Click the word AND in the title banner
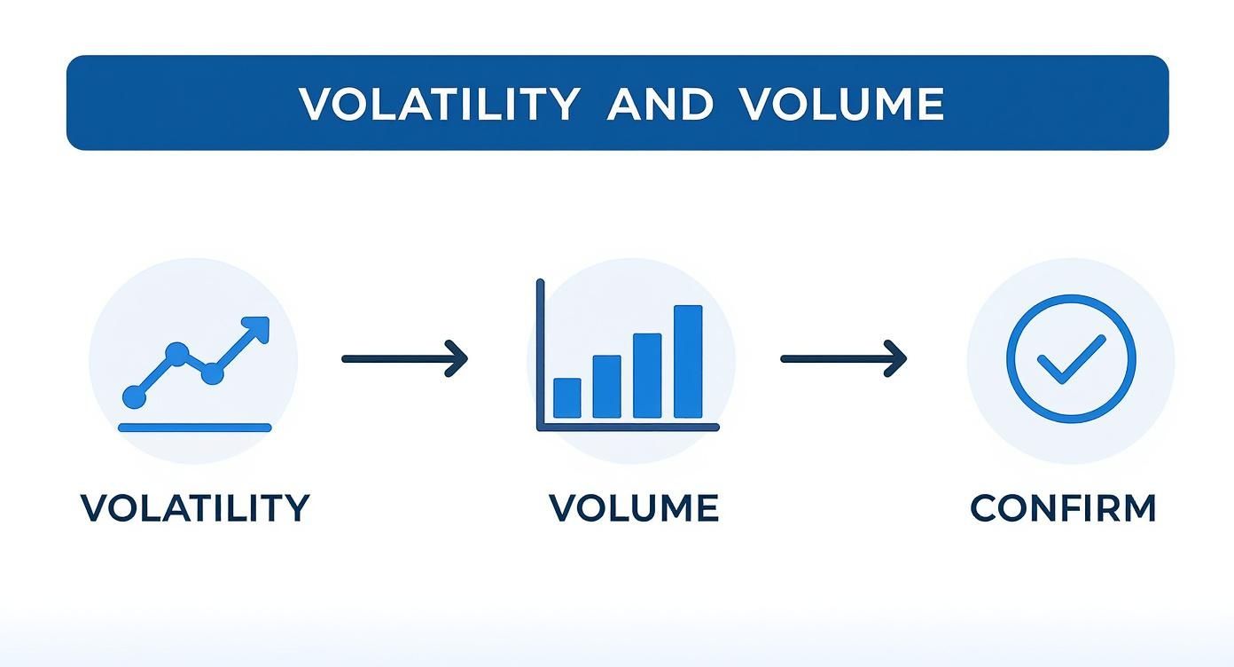660,104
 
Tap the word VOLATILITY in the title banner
439,104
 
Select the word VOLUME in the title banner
842,104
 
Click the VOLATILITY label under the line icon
195,507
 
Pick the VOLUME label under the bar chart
634,507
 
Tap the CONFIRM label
1063,507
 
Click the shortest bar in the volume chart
566,398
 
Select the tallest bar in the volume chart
688,362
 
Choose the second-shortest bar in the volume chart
606,387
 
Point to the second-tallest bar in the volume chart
647,375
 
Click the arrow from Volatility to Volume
405,359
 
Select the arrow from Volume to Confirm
843,359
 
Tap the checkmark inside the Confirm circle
1071,359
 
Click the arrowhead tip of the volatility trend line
269,318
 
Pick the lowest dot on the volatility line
135,396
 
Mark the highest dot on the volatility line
177,354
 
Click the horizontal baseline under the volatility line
195,428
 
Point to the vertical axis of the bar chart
541,355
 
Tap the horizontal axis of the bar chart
628,428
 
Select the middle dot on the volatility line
212,373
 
